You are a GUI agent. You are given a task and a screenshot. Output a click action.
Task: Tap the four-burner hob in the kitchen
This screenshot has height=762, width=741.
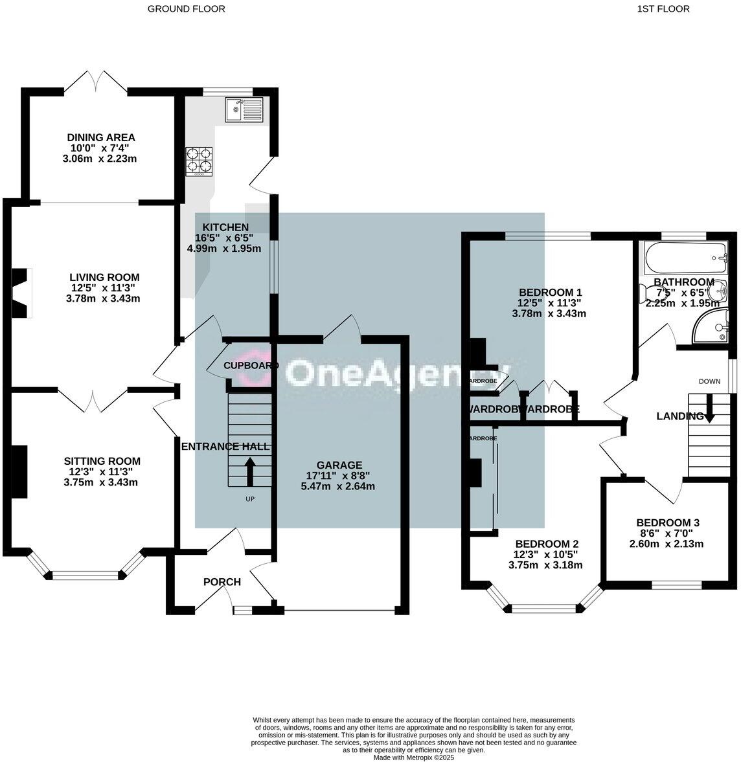pos(199,161)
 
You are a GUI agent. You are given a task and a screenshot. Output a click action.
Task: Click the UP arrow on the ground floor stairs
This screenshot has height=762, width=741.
pos(250,471)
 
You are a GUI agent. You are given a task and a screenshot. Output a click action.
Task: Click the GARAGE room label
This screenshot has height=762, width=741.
pos(339,465)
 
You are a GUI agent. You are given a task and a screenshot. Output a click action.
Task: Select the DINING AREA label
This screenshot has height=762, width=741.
pos(101,137)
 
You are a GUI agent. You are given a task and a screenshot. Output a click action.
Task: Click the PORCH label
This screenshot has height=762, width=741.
pos(222,582)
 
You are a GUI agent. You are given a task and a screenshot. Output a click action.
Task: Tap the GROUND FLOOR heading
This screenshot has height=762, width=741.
pos(187,9)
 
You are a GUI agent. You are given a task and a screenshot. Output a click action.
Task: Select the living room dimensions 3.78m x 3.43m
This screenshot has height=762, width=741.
pos(103,298)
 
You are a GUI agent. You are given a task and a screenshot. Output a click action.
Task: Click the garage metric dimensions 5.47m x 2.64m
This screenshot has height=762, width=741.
pos(337,486)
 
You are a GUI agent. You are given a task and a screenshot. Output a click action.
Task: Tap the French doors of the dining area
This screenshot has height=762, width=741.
pos(97,82)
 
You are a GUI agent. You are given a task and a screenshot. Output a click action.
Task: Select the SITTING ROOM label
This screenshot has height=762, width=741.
pos(102,461)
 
